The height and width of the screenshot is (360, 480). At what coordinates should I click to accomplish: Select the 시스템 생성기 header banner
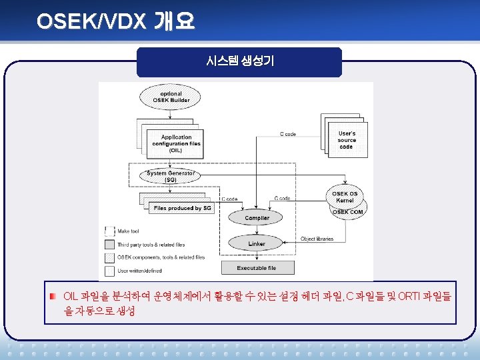tap(239, 61)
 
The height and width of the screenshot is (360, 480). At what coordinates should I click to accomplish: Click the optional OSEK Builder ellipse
tap(171, 97)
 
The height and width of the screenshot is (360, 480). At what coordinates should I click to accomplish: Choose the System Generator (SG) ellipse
tap(171, 177)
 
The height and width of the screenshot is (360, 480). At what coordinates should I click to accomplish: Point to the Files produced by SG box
tap(182, 208)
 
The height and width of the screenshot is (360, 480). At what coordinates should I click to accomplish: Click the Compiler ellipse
tap(257, 218)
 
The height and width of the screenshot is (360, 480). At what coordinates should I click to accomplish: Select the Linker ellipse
tap(257, 244)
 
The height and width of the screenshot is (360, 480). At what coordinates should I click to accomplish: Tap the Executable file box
tap(257, 268)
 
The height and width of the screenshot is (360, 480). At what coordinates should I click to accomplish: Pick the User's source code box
tap(347, 140)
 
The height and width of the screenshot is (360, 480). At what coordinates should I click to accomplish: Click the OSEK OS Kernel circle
tap(345, 197)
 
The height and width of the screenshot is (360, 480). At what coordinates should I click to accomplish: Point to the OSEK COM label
tap(348, 212)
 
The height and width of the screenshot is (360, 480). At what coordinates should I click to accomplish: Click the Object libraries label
tap(317, 239)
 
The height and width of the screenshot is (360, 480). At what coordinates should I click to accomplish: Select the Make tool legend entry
tap(128, 231)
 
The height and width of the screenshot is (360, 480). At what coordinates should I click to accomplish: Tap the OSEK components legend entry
tap(160, 257)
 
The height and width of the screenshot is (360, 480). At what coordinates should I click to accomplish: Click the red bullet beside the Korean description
tap(53, 296)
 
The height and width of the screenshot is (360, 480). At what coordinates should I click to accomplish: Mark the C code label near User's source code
tap(288, 134)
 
